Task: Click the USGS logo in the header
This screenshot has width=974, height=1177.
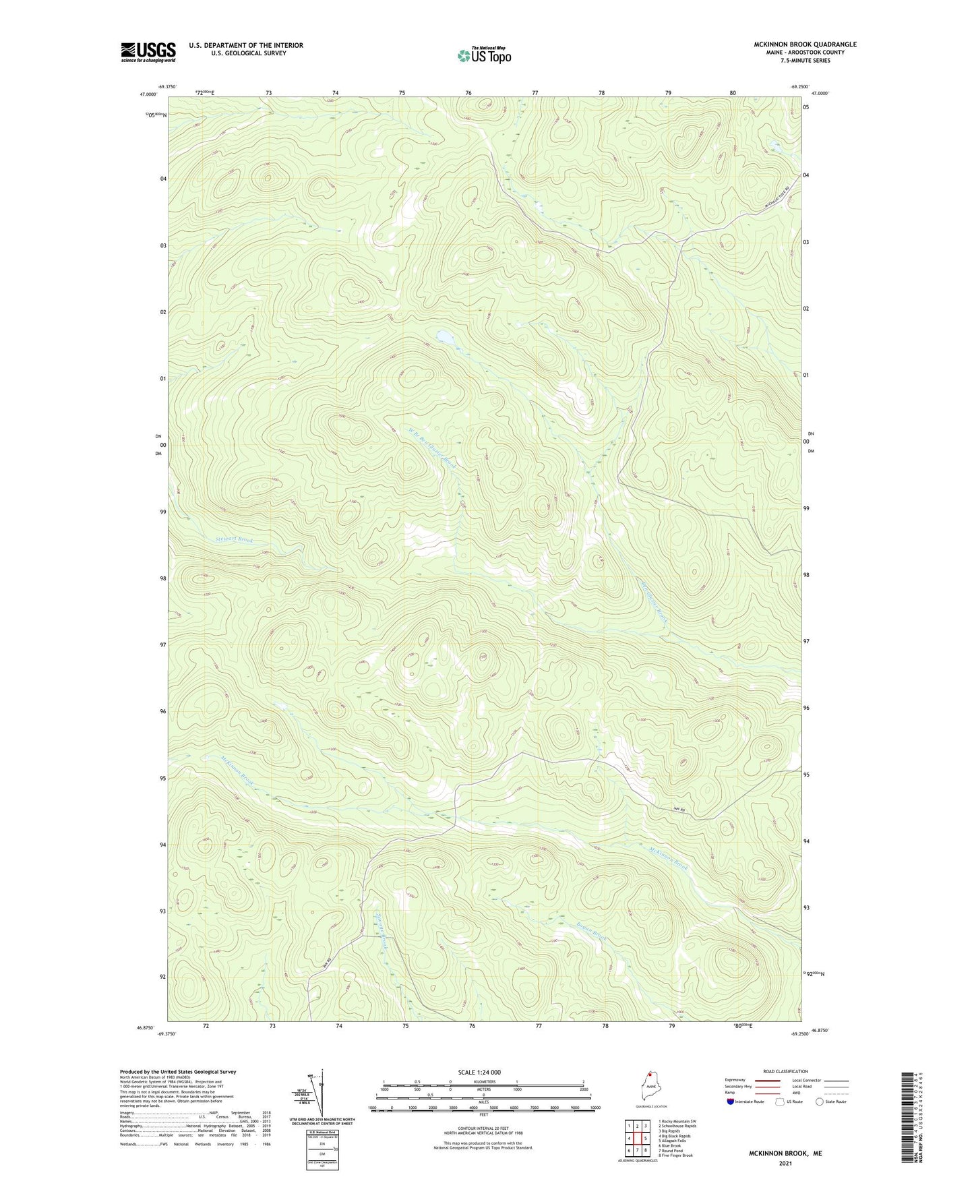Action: click(x=148, y=52)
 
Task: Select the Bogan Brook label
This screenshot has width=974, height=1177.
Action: click(x=591, y=931)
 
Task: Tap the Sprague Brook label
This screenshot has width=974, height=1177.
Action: click(x=382, y=930)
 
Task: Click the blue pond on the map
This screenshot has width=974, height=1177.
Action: click(x=444, y=336)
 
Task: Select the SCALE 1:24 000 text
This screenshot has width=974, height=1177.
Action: click(x=479, y=1072)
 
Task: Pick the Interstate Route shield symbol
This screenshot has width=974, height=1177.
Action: click(x=731, y=1120)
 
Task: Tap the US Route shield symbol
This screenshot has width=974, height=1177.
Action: click(x=781, y=1120)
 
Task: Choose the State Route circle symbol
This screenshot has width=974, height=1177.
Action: click(x=820, y=1120)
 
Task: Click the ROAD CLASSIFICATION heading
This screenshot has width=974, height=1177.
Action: click(x=785, y=1071)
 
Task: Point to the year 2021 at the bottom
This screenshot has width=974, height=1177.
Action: click(x=785, y=1164)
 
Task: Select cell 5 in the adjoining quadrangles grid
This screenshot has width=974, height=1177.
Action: click(x=645, y=1139)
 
